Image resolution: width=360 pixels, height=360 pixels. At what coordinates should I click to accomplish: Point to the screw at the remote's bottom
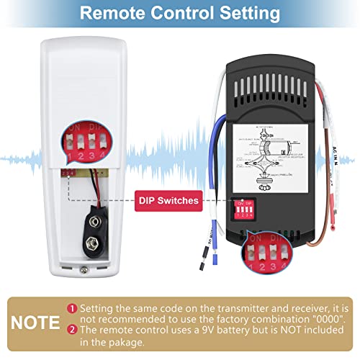pyautogui.click(x=86, y=269)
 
